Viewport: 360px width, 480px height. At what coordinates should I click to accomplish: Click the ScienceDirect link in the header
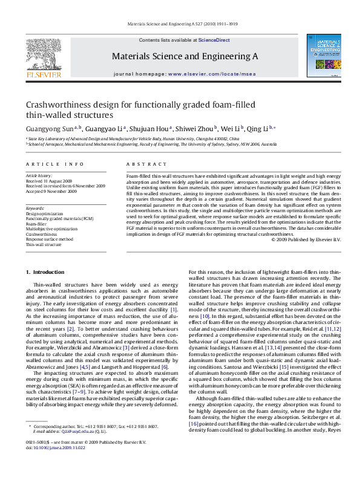215,40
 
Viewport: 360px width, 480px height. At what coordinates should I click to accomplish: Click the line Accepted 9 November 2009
51,191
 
